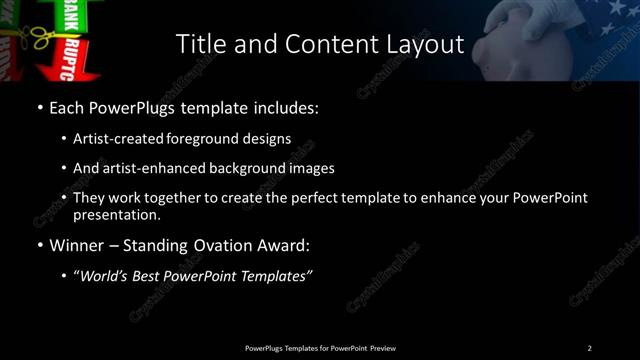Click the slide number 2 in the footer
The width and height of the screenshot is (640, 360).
(589, 348)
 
